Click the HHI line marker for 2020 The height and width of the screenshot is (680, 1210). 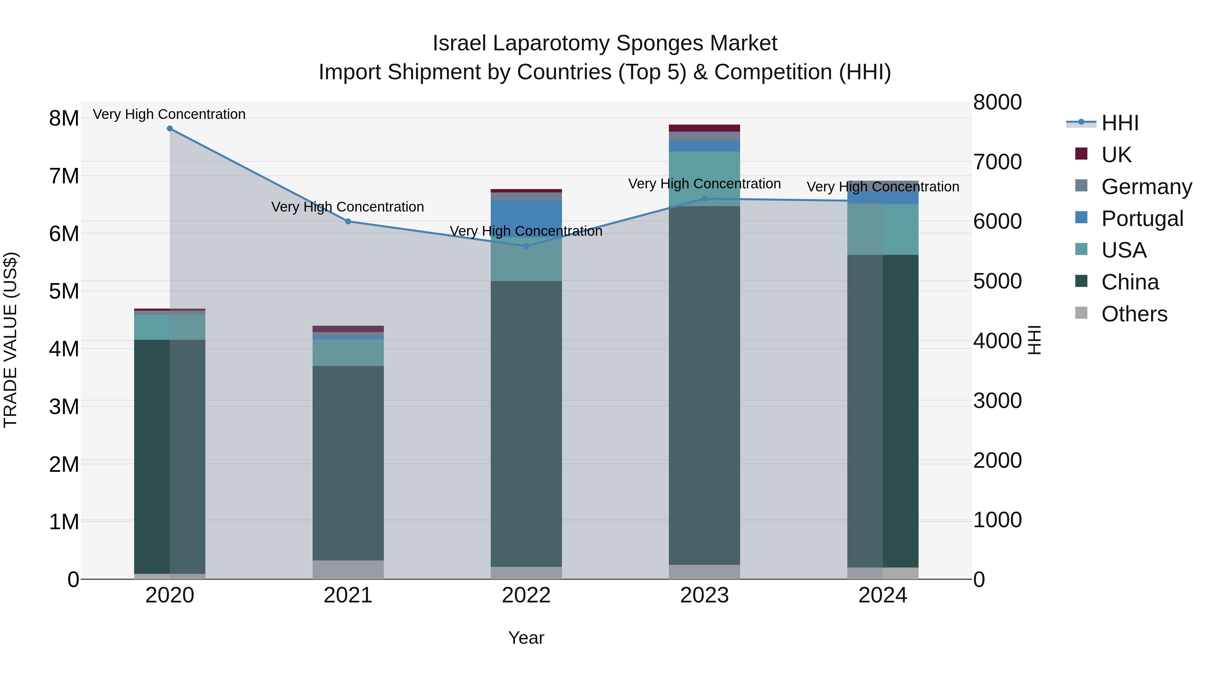click(170, 129)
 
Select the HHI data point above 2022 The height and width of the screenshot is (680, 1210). click(526, 246)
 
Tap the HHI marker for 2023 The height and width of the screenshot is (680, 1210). click(704, 198)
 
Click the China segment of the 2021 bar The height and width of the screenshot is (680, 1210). click(348, 462)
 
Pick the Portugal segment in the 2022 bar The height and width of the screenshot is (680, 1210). click(526, 218)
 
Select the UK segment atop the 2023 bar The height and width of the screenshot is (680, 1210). click(704, 128)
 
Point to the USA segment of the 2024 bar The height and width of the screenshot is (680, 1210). click(883, 229)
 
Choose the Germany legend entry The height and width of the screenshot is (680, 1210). click(1146, 187)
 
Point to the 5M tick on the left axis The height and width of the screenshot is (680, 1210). click(64, 291)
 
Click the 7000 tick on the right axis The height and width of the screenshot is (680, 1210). click(997, 162)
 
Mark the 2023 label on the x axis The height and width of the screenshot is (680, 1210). click(704, 595)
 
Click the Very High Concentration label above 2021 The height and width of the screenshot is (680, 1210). click(348, 207)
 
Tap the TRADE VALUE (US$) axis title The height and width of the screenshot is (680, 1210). click(10, 340)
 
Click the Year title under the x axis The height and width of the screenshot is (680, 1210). click(526, 638)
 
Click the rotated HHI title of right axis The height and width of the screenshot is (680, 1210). click(1034, 340)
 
